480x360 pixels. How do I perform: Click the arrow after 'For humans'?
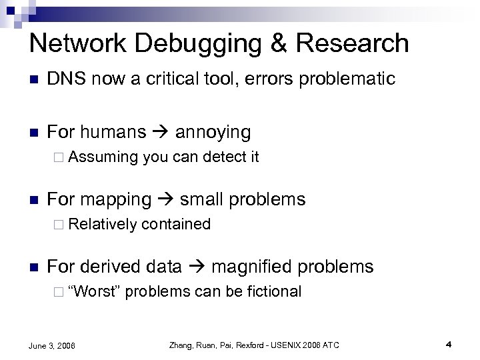click(x=160, y=132)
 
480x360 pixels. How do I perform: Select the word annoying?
click(x=213, y=132)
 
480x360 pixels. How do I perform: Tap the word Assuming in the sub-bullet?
click(x=102, y=157)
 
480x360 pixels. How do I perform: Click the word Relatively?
click(x=102, y=225)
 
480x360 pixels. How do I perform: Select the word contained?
click(x=176, y=225)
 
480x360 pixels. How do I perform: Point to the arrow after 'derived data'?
click(x=196, y=267)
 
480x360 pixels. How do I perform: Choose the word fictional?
click(x=274, y=292)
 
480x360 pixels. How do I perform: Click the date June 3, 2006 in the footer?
click(x=53, y=345)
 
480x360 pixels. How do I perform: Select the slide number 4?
click(x=449, y=344)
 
